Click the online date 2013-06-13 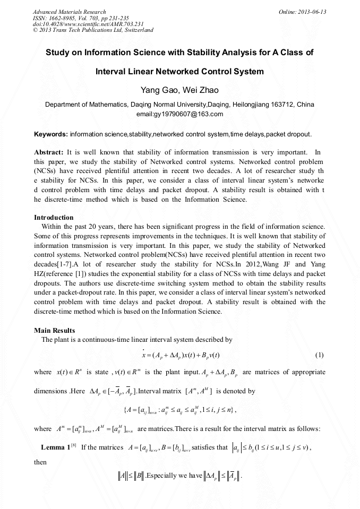click(312, 12)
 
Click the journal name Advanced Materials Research click(69, 12)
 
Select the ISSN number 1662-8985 click(65, 18)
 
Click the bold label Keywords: click(51, 134)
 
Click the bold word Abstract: click(49, 152)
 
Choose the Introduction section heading click(54, 218)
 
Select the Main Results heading click(55, 331)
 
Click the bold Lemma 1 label click(56, 447)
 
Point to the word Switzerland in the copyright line click(135, 30)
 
